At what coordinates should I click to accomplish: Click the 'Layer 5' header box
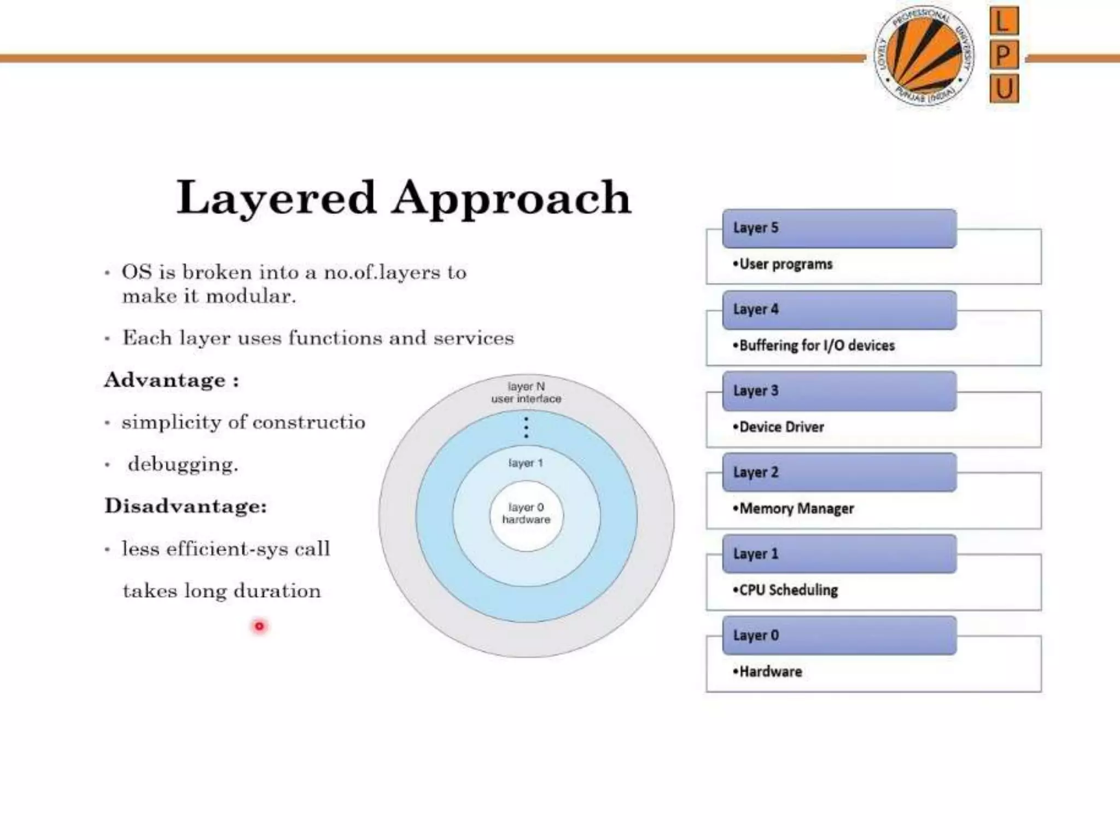coord(839,228)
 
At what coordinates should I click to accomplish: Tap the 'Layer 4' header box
coord(839,310)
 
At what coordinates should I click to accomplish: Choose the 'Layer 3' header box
coord(839,391)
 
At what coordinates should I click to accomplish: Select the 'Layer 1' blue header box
coord(839,554)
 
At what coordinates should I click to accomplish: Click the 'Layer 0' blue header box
coord(839,635)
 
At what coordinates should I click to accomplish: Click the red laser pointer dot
coord(259,626)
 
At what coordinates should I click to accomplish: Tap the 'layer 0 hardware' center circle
coord(526,514)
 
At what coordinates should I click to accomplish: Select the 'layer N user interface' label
coord(526,393)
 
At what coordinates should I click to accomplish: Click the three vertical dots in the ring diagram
coord(526,427)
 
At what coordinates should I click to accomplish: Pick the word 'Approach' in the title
coord(511,198)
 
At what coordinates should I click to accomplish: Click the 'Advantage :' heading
coord(172,380)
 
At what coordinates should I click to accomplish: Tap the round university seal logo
coord(924,56)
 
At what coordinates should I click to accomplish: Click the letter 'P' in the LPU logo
coord(1004,55)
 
